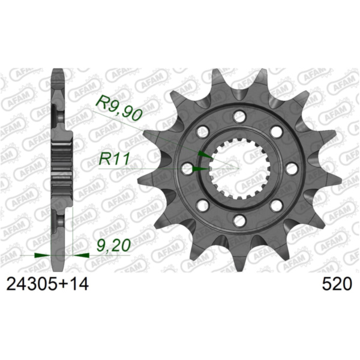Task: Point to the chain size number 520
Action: point(337,284)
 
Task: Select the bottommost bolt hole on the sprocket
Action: point(239,219)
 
